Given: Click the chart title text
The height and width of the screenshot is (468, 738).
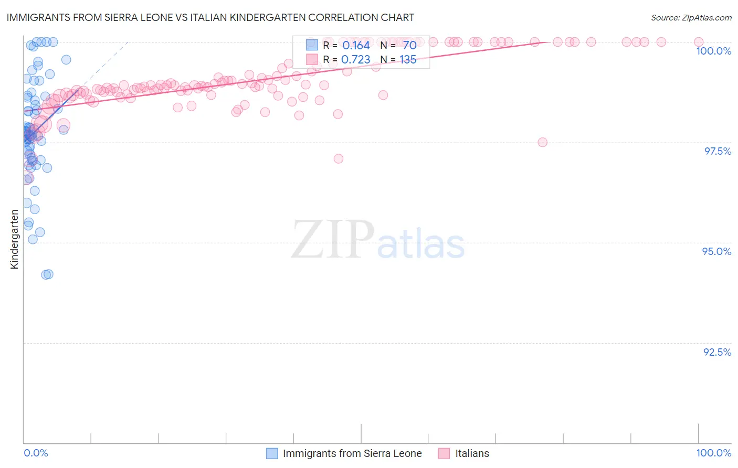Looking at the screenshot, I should click(210, 17).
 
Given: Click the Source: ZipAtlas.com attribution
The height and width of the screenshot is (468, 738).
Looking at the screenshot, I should click(691, 17).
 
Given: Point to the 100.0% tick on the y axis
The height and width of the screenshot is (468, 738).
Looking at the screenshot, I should click(713, 51).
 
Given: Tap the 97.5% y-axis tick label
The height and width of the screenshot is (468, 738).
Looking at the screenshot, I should click(718, 151).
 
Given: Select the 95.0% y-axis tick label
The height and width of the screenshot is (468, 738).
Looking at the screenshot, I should click(716, 251).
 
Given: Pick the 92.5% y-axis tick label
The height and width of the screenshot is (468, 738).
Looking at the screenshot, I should click(717, 352).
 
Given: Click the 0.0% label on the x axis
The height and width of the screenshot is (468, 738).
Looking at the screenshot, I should click(36, 453).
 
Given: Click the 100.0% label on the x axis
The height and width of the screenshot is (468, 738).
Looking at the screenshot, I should click(713, 453).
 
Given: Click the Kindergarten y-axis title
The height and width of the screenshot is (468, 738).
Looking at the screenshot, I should click(14, 239).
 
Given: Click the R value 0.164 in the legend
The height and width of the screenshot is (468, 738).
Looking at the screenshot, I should click(356, 46).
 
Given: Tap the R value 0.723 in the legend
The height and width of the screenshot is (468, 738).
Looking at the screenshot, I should click(356, 60).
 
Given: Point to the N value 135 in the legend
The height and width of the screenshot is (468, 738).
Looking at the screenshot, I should click(408, 60).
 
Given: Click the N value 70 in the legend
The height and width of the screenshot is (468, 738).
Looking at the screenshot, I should click(409, 46).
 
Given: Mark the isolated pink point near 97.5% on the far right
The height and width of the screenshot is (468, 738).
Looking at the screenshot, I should click(542, 142).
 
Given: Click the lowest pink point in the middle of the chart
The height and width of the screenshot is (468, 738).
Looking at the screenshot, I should click(339, 158).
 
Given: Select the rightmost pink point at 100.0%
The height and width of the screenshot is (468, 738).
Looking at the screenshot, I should click(699, 42).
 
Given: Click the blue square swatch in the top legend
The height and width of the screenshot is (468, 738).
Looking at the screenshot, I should click(312, 45).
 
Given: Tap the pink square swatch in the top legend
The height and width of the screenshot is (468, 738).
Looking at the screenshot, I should click(312, 59).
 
